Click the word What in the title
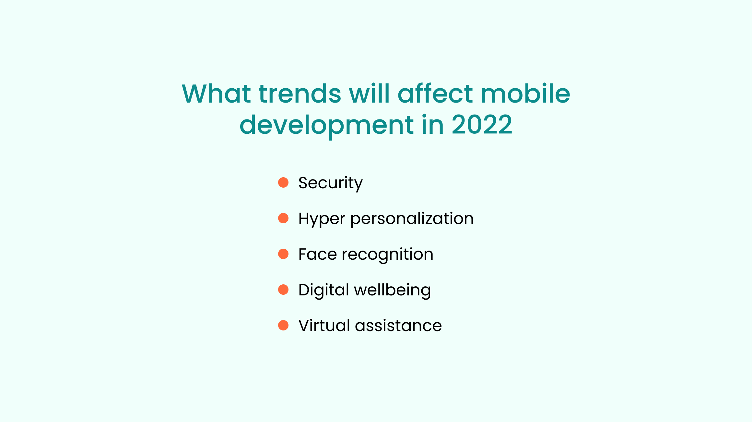[x=216, y=93]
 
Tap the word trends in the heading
[x=300, y=93]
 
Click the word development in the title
[x=326, y=125]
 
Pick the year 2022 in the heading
[x=482, y=124]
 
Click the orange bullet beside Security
[x=283, y=182]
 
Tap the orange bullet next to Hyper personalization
[x=283, y=218]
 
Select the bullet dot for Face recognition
[x=283, y=254]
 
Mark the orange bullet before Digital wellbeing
[x=283, y=290]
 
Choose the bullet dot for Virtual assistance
[x=283, y=325]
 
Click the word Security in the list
[x=331, y=183]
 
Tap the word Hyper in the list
[x=322, y=219]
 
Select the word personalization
[x=412, y=219]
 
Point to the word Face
[x=318, y=254]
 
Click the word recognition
[x=388, y=255]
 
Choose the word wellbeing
[x=393, y=291]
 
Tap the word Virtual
[x=324, y=325]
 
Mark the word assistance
[x=398, y=326]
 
